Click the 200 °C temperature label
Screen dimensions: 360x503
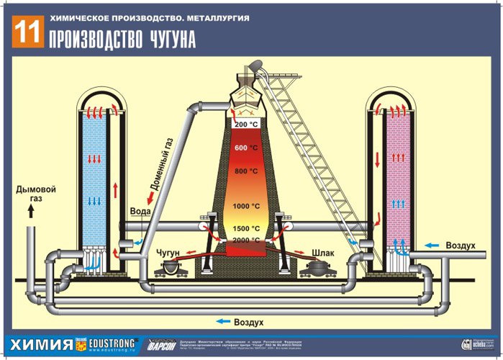point(248,125)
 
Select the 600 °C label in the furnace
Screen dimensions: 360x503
point(246,148)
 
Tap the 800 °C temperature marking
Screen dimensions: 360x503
point(246,171)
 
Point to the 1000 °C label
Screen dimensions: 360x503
point(246,206)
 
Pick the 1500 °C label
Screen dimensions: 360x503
point(246,229)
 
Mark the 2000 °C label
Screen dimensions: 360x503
point(246,240)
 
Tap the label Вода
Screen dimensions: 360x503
point(140,212)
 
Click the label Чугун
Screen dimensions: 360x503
point(170,253)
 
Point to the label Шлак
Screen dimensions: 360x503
point(323,253)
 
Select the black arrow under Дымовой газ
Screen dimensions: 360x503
point(31,211)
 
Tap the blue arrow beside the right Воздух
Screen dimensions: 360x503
point(432,246)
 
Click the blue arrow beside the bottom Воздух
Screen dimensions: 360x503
point(225,322)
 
